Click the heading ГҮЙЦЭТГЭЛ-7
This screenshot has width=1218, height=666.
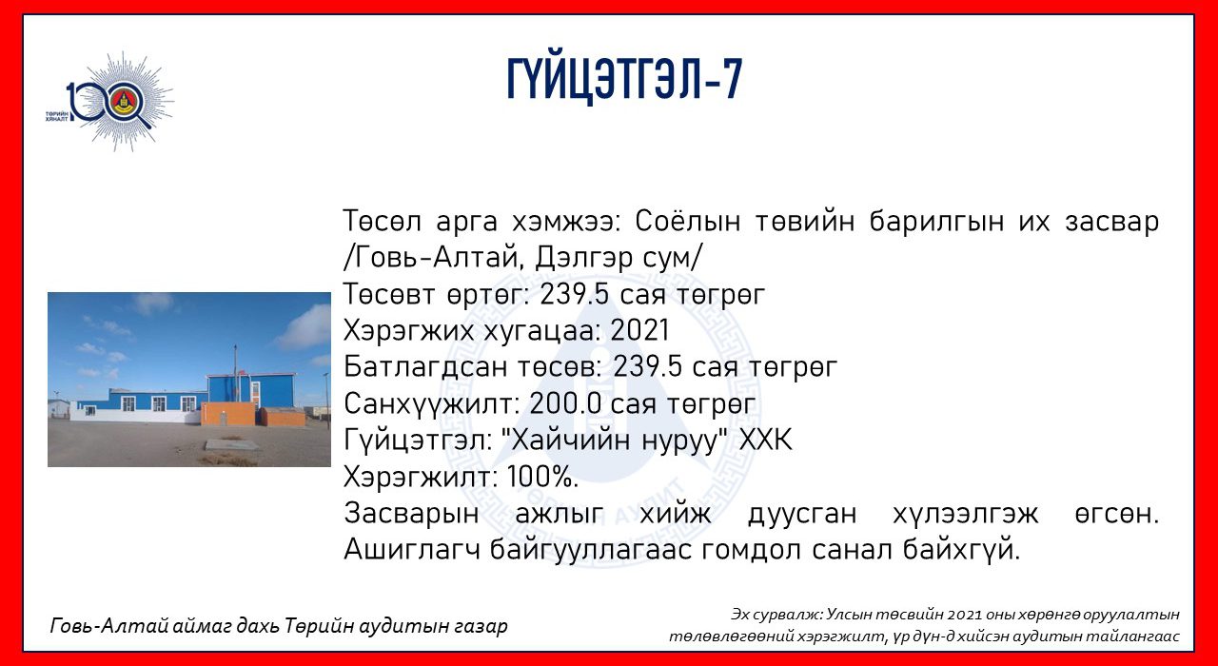[624, 79]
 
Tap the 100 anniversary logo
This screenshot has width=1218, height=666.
[109, 102]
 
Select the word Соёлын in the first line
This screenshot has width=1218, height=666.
[687, 222]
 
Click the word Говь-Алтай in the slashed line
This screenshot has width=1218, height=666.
[438, 258]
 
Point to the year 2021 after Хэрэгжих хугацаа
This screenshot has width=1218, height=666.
[639, 330]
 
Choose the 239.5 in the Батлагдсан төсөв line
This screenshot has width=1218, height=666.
[648, 367]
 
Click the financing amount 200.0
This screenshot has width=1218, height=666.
[565, 404]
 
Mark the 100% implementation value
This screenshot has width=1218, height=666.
[542, 477]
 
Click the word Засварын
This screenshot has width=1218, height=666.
[411, 514]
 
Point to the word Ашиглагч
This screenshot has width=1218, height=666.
[412, 550]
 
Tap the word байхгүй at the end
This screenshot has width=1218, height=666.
[961, 550]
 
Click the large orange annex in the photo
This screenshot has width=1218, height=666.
[228, 413]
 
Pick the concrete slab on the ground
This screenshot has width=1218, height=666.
[231, 445]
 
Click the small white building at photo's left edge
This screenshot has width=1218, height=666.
[59, 409]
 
